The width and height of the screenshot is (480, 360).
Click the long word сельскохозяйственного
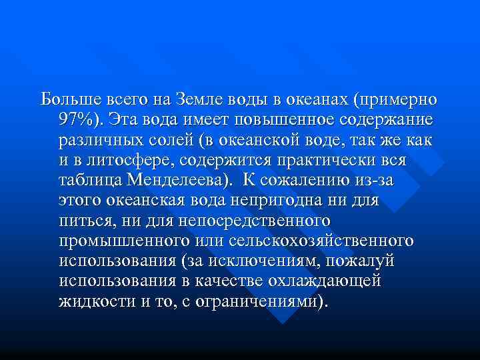pyautogui.click(x=320, y=240)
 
